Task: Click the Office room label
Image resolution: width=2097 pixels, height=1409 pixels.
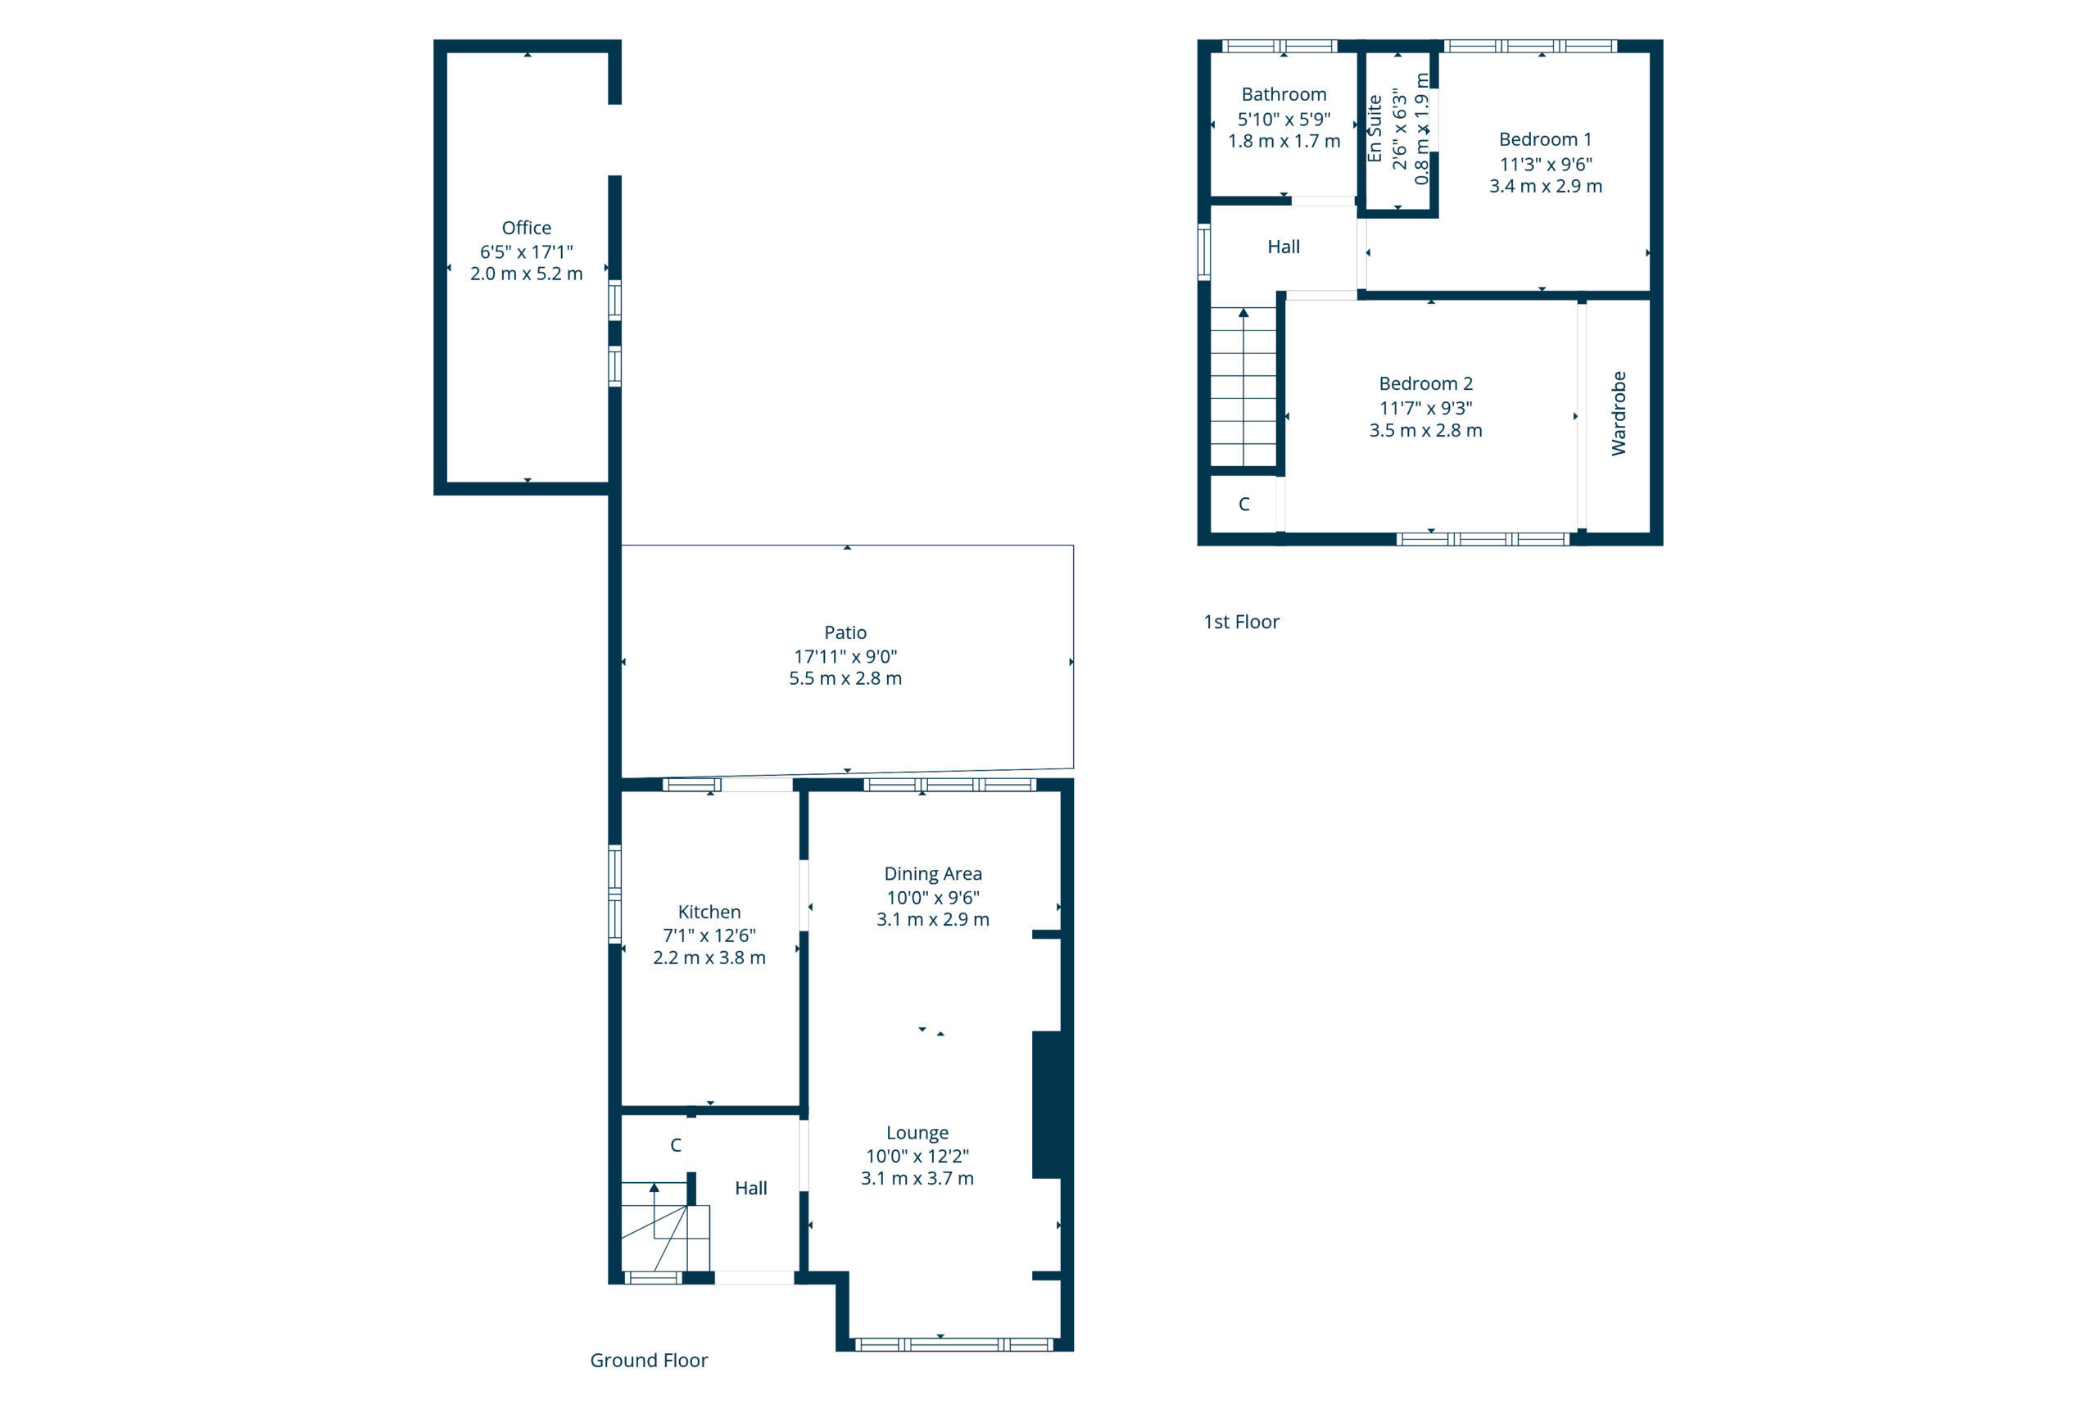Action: pyautogui.click(x=526, y=228)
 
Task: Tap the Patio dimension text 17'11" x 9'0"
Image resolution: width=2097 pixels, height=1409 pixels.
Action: pyautogui.click(x=845, y=656)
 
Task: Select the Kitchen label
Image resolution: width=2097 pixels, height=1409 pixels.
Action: pyautogui.click(x=709, y=911)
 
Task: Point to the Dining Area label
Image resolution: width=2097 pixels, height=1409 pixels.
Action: pyautogui.click(x=933, y=873)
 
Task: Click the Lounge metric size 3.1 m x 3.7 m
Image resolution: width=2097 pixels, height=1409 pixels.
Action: pyautogui.click(x=917, y=1178)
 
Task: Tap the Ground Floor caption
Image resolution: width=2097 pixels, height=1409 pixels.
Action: pyautogui.click(x=648, y=1360)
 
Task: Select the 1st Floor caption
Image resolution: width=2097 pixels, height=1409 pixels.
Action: pyautogui.click(x=1241, y=622)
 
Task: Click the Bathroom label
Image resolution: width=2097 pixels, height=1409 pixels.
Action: pyautogui.click(x=1283, y=94)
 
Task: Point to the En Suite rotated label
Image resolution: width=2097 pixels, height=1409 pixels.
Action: pyautogui.click(x=1374, y=129)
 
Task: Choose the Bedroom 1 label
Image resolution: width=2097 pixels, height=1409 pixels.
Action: pyautogui.click(x=1544, y=139)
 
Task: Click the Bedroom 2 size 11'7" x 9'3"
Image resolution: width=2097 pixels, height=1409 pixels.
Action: pyautogui.click(x=1425, y=408)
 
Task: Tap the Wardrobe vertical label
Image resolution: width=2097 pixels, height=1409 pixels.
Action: pyautogui.click(x=1618, y=414)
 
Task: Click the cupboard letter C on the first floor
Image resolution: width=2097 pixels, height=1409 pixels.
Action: pyautogui.click(x=1243, y=504)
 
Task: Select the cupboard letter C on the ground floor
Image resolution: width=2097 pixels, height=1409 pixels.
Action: pyautogui.click(x=676, y=1145)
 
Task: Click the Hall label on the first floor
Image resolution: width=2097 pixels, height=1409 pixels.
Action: pyautogui.click(x=1283, y=247)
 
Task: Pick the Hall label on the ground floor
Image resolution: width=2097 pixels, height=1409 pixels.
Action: pyautogui.click(x=750, y=1188)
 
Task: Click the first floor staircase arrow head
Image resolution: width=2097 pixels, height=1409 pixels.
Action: pyautogui.click(x=1243, y=313)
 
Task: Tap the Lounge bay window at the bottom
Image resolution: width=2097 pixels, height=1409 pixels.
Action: pyautogui.click(x=953, y=1344)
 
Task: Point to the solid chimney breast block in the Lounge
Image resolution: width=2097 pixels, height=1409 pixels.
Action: pyautogui.click(x=1047, y=1104)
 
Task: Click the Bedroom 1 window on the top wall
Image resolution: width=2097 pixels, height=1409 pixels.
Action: pyautogui.click(x=1529, y=46)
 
